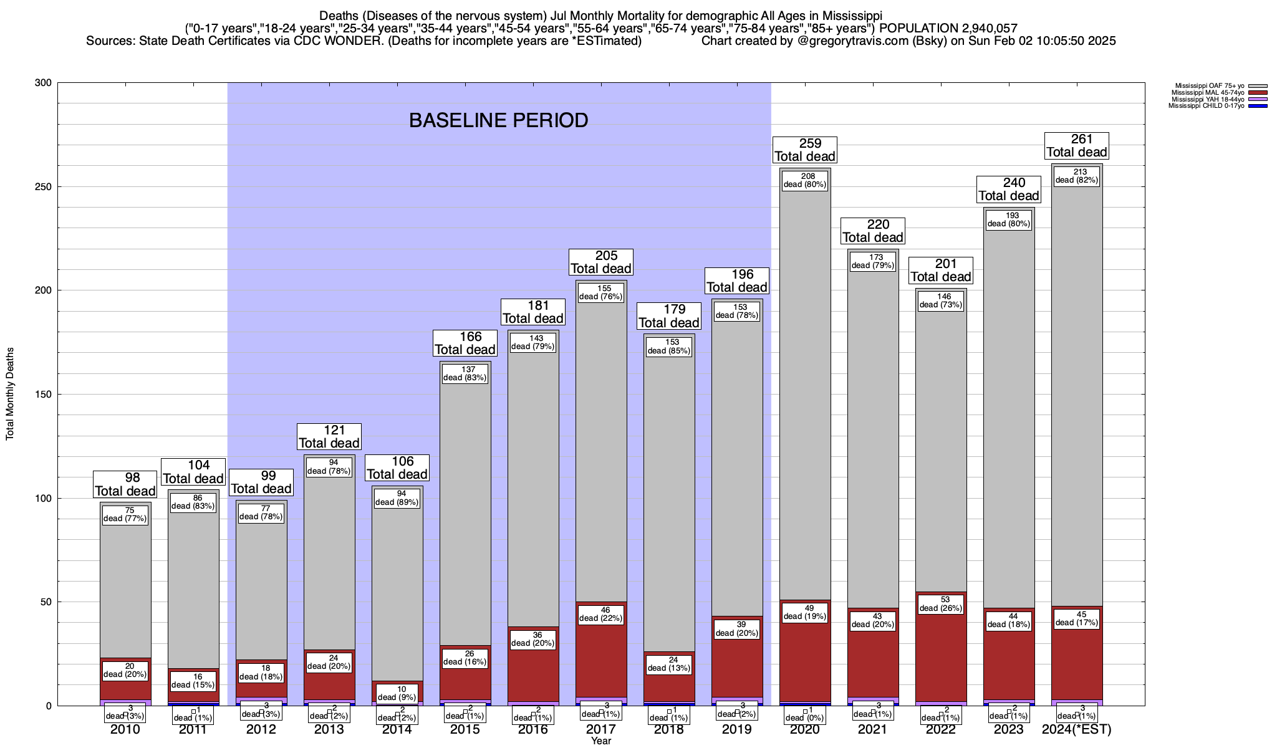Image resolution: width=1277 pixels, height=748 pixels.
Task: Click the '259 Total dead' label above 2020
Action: [804, 150]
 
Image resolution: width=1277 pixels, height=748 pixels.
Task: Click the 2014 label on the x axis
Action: [397, 729]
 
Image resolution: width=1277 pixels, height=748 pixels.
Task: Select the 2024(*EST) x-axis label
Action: [1077, 729]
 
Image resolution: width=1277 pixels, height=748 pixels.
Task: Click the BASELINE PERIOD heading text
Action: [498, 120]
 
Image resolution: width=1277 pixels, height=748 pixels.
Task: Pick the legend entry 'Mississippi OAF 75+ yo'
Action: [1209, 85]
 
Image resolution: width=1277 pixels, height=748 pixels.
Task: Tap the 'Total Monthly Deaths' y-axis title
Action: [10, 394]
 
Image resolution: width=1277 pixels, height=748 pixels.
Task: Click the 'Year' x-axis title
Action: [601, 741]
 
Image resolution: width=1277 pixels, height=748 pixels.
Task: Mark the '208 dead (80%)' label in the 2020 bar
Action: [804, 180]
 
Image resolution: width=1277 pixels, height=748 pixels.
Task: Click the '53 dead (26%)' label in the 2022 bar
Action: [941, 604]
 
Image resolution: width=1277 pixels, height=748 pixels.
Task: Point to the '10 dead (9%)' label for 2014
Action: [397, 693]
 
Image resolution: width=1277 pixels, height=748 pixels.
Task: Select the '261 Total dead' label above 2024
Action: [1077, 146]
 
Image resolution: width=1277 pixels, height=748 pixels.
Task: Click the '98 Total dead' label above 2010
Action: [125, 484]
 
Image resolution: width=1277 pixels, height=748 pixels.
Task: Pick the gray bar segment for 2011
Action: [193, 592]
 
